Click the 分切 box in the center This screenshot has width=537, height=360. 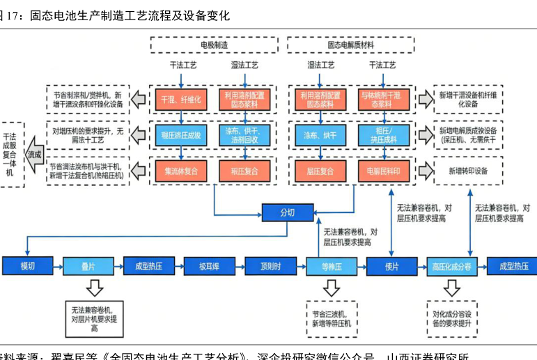point(287,212)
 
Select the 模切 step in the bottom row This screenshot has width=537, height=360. point(27,266)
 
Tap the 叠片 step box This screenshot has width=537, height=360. point(88,266)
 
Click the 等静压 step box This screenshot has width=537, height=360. point(330,266)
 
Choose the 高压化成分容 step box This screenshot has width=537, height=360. point(451,266)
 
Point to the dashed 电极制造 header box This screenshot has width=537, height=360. point(215,45)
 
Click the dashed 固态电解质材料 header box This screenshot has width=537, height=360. point(351,45)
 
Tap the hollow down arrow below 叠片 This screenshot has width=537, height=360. point(94,288)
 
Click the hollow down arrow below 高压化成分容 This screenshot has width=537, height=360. point(451,288)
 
